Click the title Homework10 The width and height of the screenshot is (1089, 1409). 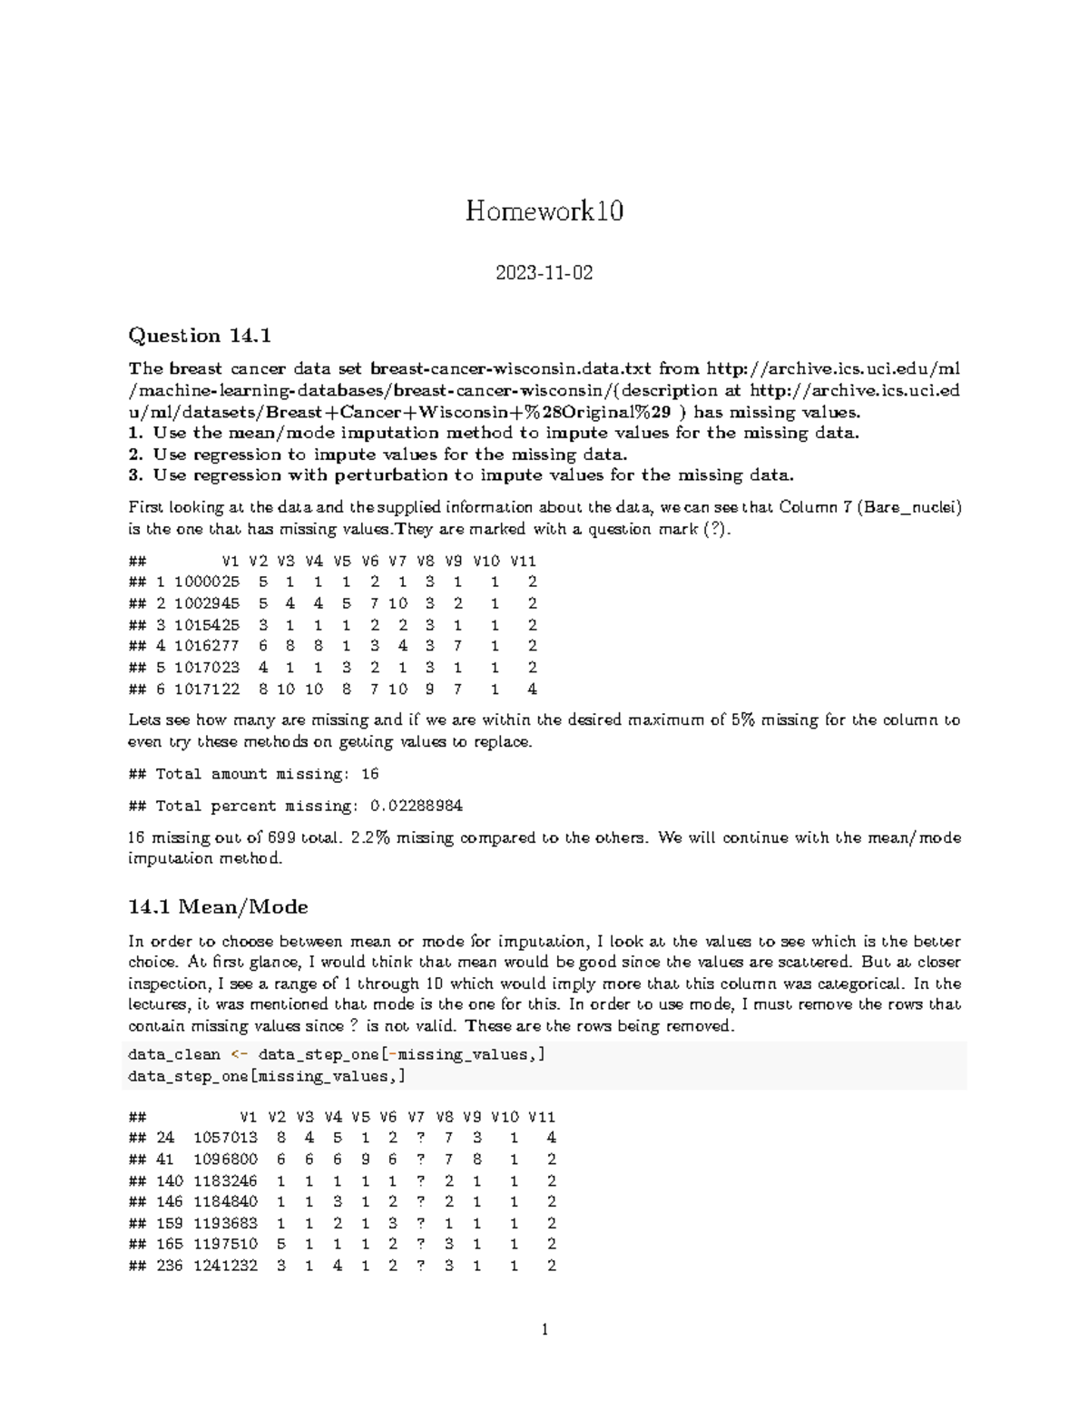[544, 211]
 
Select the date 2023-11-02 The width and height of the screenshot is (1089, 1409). [544, 272]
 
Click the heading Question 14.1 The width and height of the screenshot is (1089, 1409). [200, 336]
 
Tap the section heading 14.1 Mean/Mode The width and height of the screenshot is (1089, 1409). [218, 906]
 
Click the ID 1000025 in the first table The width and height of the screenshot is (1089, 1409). [207, 582]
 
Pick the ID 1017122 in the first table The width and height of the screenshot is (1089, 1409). [207, 689]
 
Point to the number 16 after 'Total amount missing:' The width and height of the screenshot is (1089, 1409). [369, 774]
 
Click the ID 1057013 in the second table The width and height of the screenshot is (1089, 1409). [225, 1138]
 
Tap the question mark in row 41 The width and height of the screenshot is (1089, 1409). [420, 1159]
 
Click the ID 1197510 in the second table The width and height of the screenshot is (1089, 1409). [225, 1244]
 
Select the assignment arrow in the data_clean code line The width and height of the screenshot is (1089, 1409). [239, 1054]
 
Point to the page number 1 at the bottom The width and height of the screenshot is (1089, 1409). [544, 1331]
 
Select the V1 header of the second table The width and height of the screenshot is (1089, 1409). [249, 1117]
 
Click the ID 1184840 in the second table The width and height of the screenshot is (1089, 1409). [225, 1201]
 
